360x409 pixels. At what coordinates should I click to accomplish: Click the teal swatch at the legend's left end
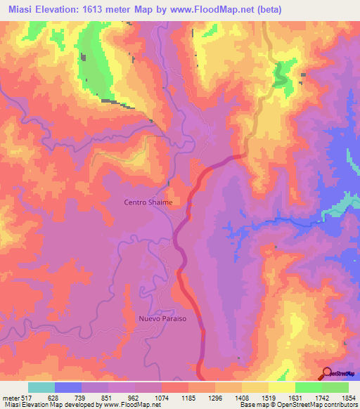pos(41,388)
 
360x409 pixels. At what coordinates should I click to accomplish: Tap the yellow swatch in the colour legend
pos(281,388)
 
